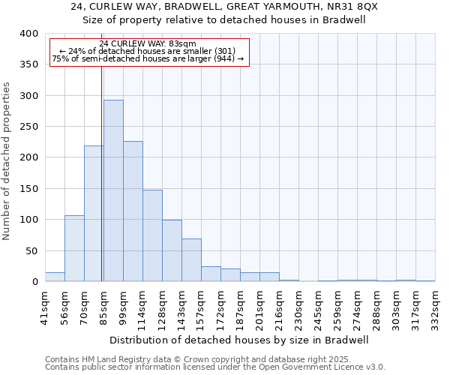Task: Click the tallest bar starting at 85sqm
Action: (113, 190)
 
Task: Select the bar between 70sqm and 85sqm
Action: (94, 214)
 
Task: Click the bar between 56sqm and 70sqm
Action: (74, 248)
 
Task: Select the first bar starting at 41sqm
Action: (55, 277)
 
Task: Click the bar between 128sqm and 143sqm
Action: (172, 250)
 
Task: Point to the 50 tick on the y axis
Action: (31, 250)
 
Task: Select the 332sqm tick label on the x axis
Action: (436, 306)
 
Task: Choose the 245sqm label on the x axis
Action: (319, 306)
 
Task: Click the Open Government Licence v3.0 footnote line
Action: (215, 367)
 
